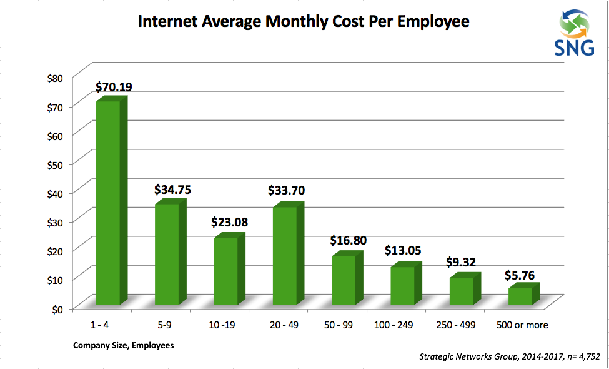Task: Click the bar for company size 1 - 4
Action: click(107, 203)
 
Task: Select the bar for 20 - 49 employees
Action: click(285, 256)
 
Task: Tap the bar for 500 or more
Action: click(520, 296)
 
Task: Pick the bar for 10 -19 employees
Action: click(225, 271)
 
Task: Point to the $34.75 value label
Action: click(172, 190)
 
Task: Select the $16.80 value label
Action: click(349, 240)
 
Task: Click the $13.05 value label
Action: click(402, 251)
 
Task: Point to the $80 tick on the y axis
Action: click(55, 78)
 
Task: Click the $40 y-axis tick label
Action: click(55, 193)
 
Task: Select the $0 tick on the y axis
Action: click(57, 308)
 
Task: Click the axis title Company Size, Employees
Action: click(123, 345)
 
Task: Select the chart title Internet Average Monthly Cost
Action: click(303, 23)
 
